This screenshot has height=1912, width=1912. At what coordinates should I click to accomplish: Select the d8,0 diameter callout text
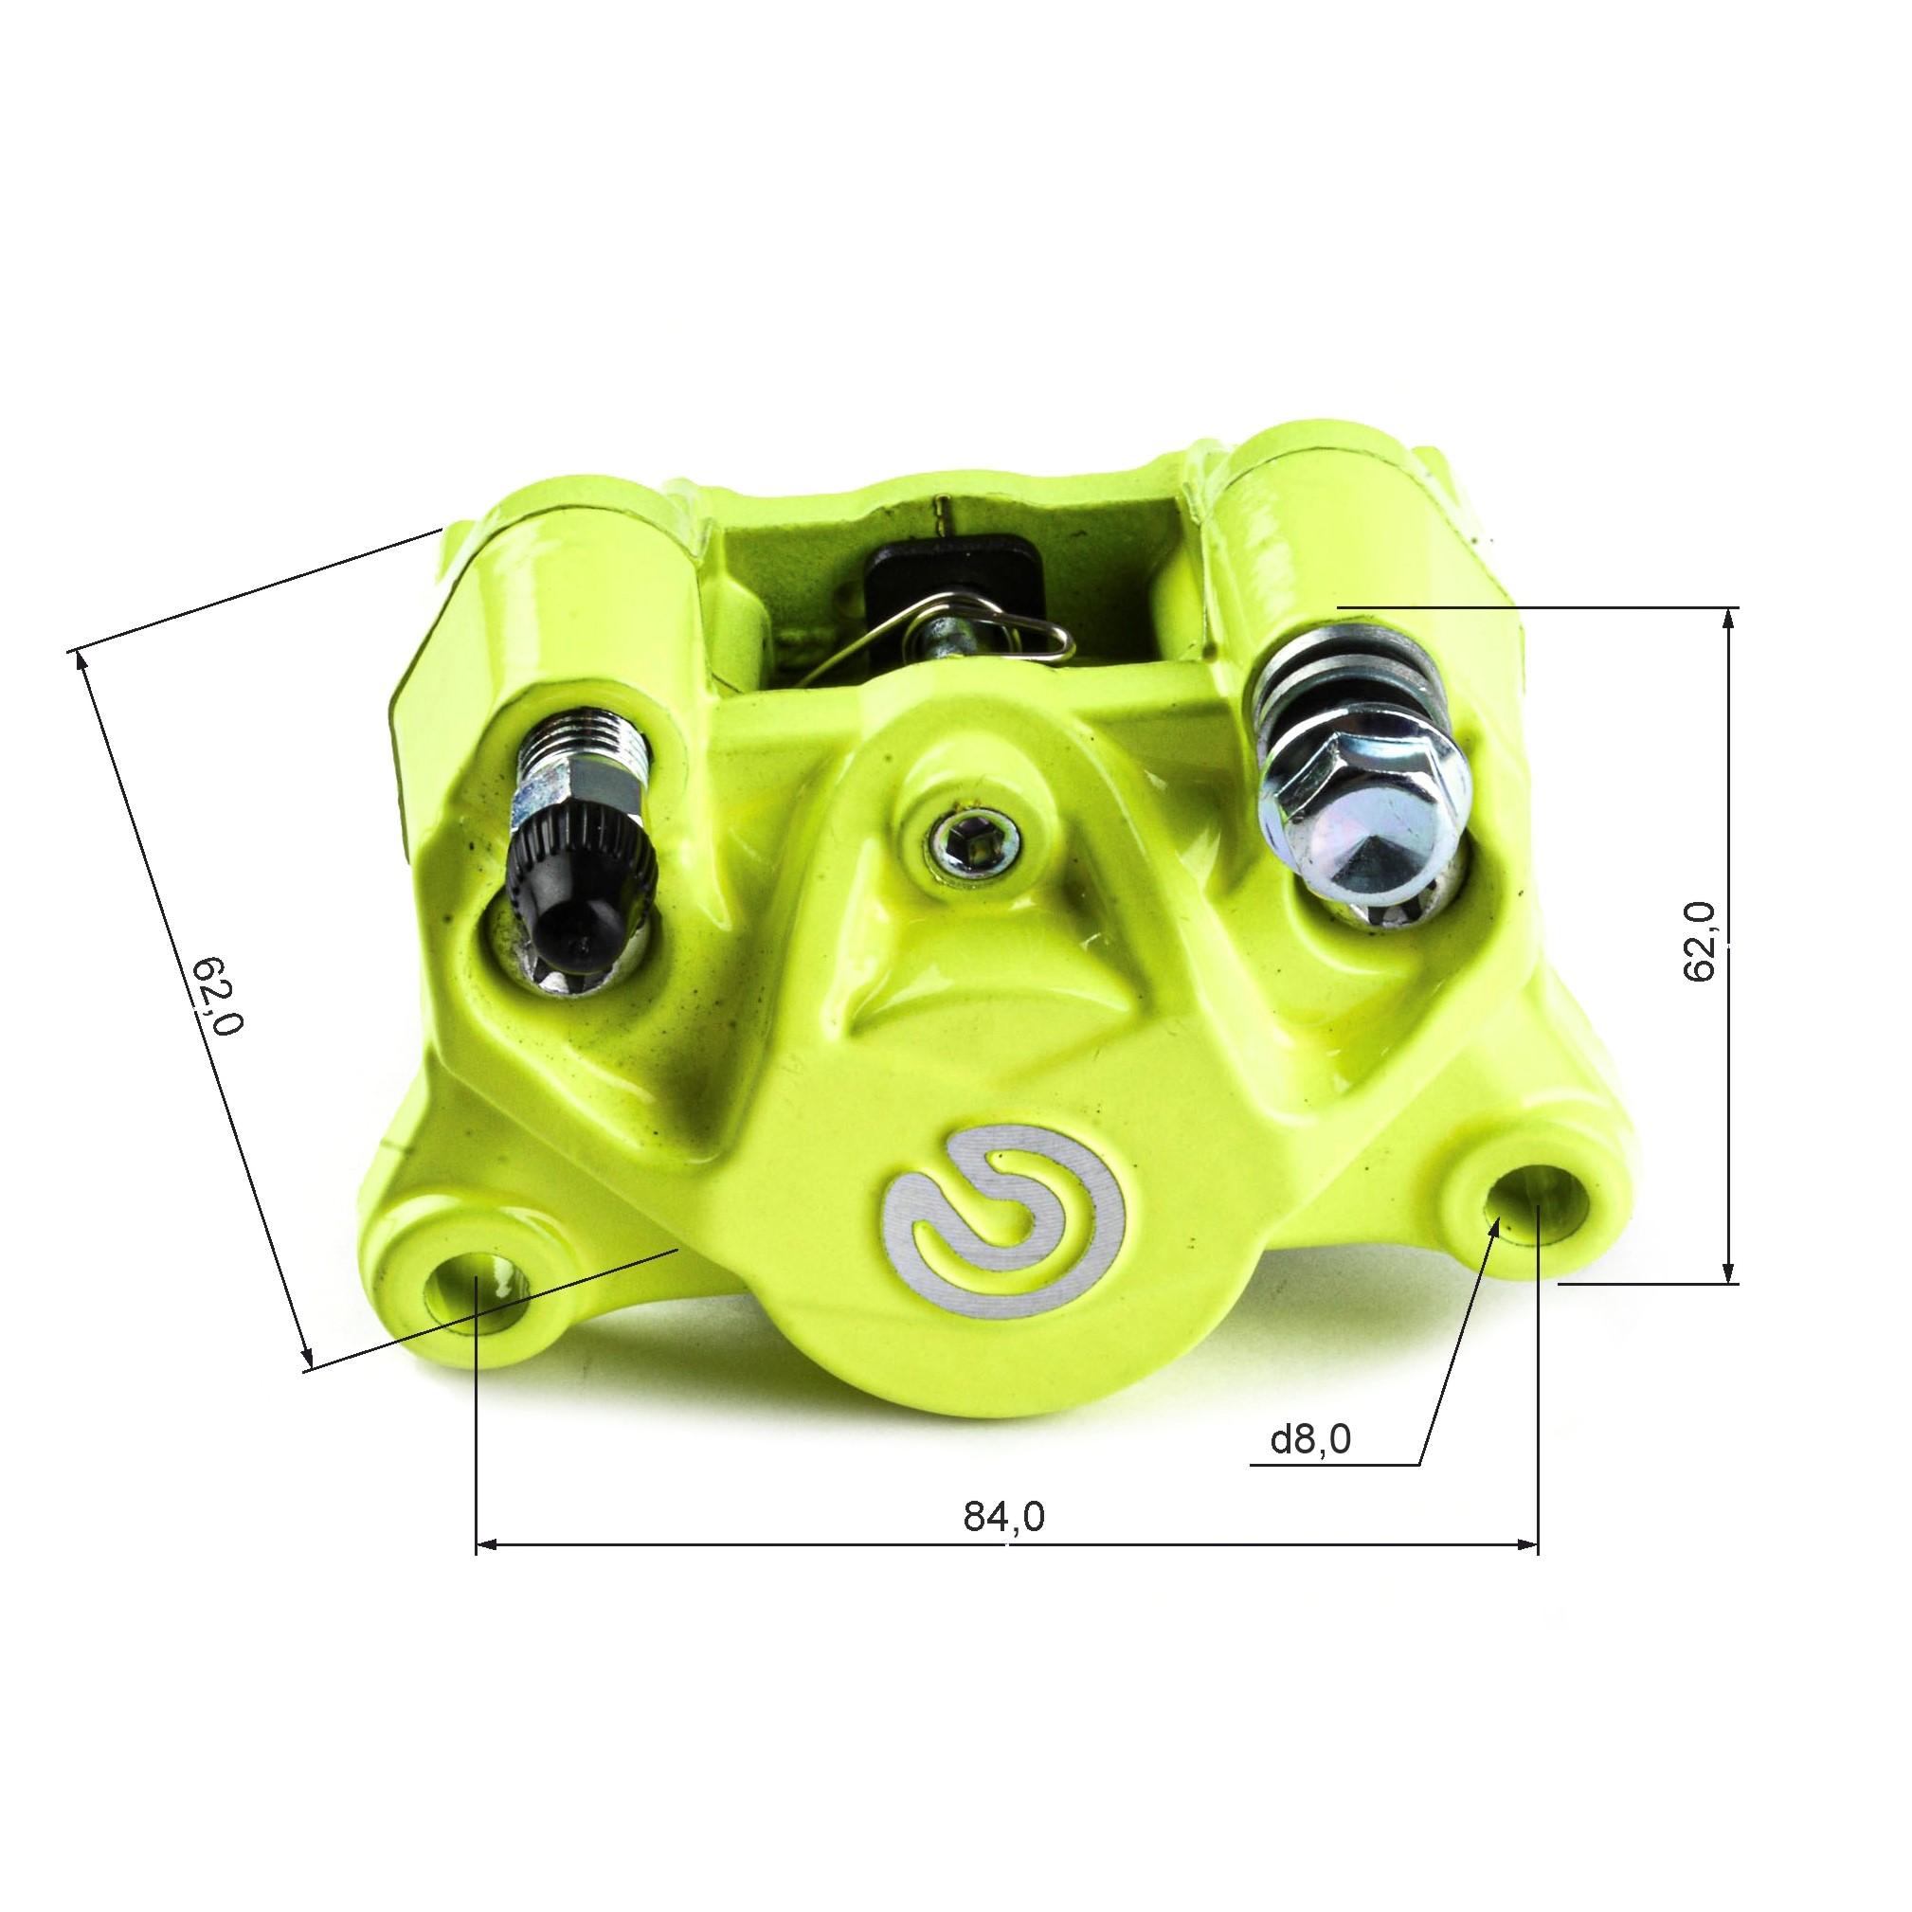pos(1310,1439)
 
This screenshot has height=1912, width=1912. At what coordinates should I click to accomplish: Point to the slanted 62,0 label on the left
pos(217,996)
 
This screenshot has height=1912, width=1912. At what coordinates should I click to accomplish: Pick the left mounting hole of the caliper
pos(475,1294)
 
